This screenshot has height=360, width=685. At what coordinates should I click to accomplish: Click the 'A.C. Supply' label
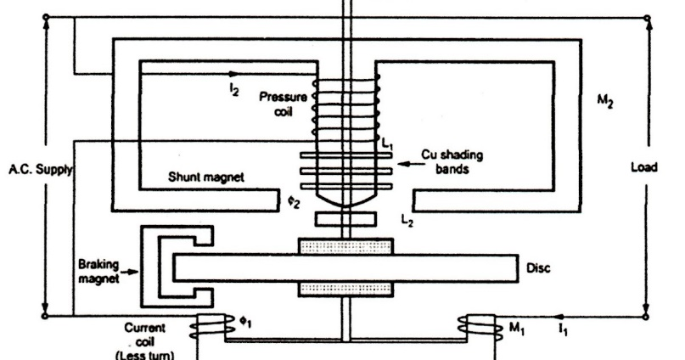pyautogui.click(x=38, y=169)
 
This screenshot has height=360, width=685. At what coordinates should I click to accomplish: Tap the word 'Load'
pyautogui.click(x=643, y=167)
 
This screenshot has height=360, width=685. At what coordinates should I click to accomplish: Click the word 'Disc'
pyautogui.click(x=539, y=268)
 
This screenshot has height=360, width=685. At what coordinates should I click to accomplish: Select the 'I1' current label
pyautogui.click(x=564, y=326)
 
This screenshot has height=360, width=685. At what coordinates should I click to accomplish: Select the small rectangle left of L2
pyautogui.click(x=345, y=219)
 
